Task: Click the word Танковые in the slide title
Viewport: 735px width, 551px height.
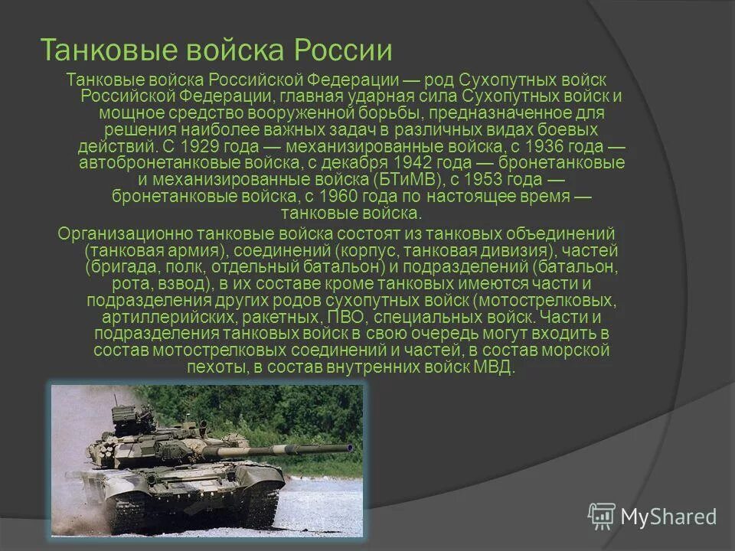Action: tap(90, 51)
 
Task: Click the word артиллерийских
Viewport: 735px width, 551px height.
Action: tap(156, 317)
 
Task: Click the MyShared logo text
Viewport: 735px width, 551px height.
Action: tap(668, 517)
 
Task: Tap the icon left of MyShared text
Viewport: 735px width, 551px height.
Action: tap(602, 517)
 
